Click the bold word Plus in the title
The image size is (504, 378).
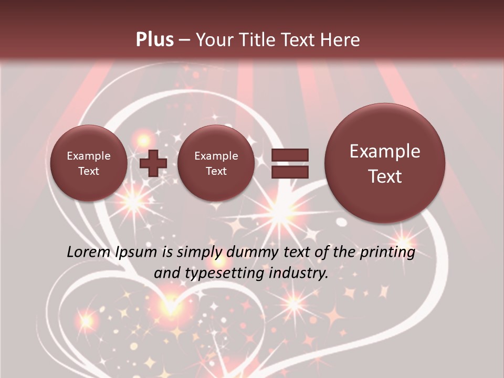coord(154,40)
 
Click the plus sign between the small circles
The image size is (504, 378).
coord(153,163)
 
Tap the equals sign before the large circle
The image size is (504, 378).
coord(290,163)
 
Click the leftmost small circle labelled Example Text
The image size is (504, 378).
coord(88,163)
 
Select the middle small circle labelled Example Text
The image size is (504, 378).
coord(216,163)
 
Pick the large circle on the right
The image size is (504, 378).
coord(385,163)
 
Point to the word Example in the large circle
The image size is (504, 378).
coord(385,151)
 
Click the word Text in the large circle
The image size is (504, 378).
coord(385,176)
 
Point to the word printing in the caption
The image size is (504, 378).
coord(387,253)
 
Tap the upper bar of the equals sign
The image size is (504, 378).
coord(290,155)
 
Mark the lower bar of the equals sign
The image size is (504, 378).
coord(290,172)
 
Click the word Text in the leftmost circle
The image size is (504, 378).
coord(88,171)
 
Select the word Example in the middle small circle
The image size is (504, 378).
coord(216,156)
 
